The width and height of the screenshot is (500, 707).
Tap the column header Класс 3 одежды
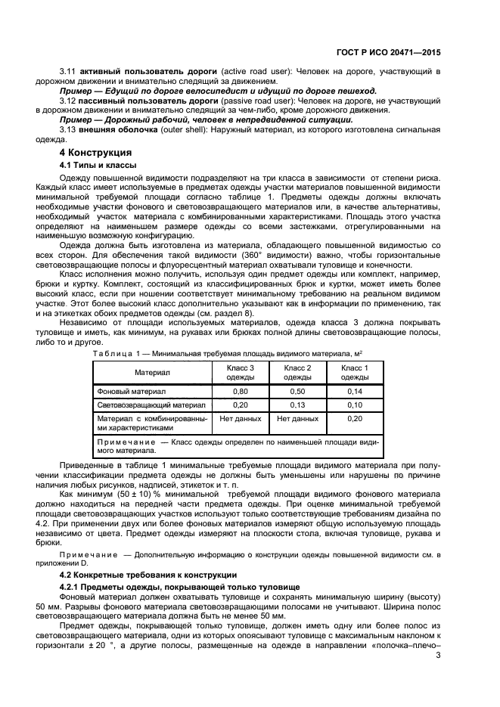coord(241,371)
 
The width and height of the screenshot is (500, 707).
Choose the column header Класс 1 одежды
coord(354,371)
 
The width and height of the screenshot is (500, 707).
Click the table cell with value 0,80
coord(241,391)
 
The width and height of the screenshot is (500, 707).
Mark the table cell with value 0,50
coord(297,391)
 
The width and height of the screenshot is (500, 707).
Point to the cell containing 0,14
coord(354,391)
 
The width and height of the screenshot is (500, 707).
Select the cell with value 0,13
coord(297,405)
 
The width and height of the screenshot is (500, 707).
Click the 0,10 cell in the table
coord(354,405)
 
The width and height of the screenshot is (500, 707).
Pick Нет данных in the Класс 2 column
coord(297,418)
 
